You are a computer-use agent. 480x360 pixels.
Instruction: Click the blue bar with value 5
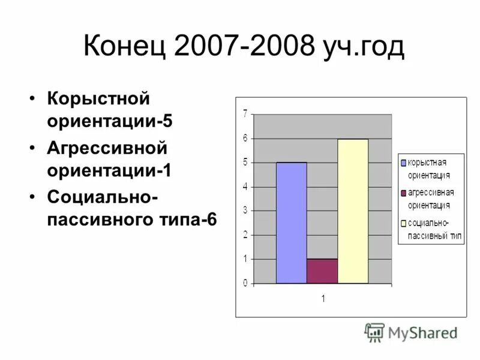pyautogui.click(x=291, y=223)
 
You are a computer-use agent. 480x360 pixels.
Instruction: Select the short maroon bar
pyautogui.click(x=322, y=271)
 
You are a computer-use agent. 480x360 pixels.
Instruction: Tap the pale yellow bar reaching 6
pyautogui.click(x=353, y=211)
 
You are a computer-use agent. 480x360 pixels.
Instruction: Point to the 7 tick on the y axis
pyautogui.click(x=245, y=114)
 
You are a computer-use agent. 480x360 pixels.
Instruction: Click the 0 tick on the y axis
pyautogui.click(x=245, y=283)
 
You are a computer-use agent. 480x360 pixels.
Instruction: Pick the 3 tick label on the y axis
pyautogui.click(x=245, y=211)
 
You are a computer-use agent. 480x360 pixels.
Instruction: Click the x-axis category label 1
pyautogui.click(x=322, y=298)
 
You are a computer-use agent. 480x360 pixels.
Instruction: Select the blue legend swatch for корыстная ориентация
pyautogui.click(x=404, y=163)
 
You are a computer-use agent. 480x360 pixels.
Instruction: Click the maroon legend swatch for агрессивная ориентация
pyautogui.click(x=404, y=193)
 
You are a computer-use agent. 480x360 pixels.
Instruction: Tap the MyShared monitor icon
pyautogui.click(x=374, y=332)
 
